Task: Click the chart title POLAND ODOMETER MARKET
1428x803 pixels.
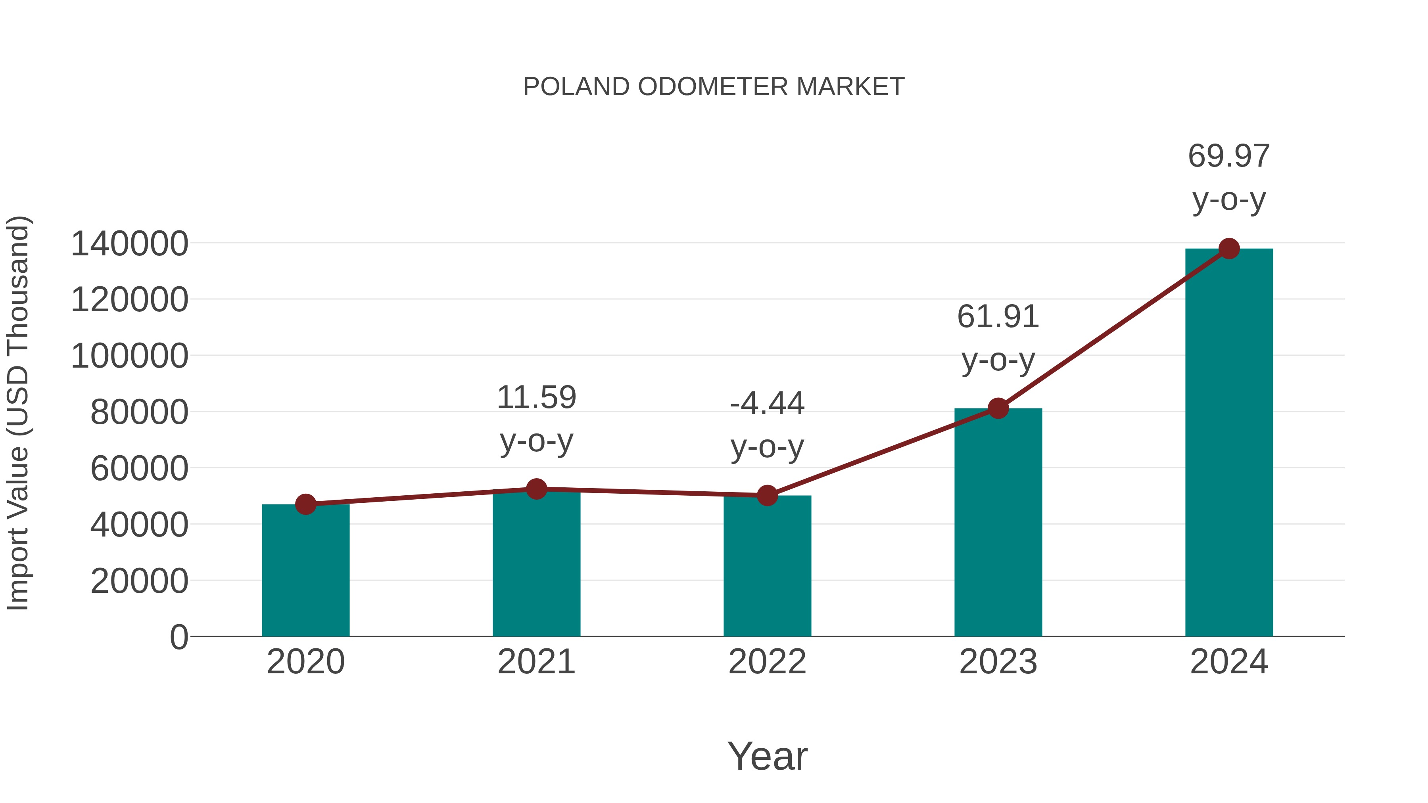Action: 714,87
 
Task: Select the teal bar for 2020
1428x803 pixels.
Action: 305,571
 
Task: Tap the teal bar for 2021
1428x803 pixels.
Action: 536,562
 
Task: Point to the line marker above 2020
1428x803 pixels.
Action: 305,504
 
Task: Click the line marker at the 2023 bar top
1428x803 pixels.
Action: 998,408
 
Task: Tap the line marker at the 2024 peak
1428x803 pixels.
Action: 1229,249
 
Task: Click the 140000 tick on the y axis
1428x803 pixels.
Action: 130,244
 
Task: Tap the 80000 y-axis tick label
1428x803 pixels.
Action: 139,412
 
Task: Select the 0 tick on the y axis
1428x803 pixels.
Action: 178,637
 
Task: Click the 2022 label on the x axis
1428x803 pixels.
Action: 767,662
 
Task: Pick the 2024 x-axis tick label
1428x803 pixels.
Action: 1228,662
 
